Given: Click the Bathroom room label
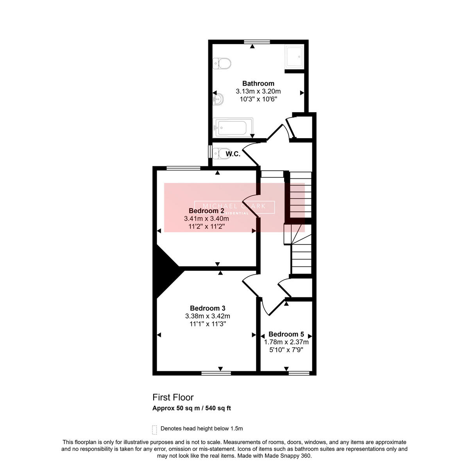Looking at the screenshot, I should click(x=258, y=83).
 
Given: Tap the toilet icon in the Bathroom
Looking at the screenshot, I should click(x=222, y=63).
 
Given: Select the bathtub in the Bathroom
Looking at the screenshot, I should click(x=233, y=127).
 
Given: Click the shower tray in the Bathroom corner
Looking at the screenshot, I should click(x=294, y=56).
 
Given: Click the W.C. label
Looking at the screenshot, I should click(x=233, y=154).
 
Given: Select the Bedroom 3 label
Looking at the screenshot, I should click(x=208, y=308).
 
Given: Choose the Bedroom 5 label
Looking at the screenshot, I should click(x=286, y=334).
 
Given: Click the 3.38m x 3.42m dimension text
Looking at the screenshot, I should click(x=208, y=316).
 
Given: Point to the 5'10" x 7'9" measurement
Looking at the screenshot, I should click(x=286, y=350).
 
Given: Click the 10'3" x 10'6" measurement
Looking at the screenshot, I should click(x=258, y=99).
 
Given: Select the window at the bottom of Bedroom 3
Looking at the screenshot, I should click(x=216, y=373).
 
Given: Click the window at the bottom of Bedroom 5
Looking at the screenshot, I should click(x=299, y=373).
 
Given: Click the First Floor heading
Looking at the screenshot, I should click(x=173, y=398).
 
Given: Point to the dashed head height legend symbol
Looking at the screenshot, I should click(x=155, y=430).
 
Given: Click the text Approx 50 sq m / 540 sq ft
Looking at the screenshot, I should click(x=192, y=409).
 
